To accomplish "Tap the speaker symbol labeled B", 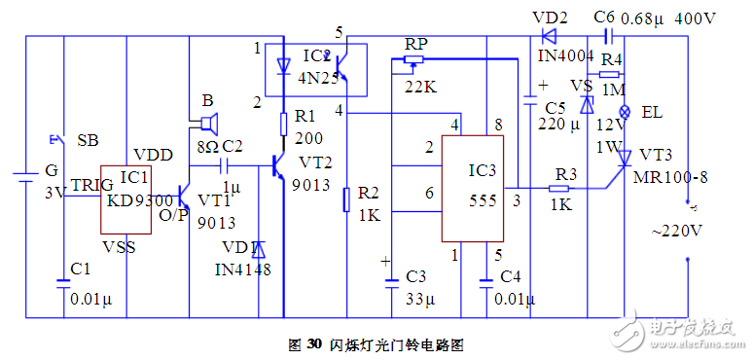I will [204, 124].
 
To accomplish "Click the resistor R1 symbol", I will [283, 123].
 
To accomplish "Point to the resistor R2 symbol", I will [346, 199].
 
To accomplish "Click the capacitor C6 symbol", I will [607, 37].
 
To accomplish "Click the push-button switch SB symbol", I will [60, 141].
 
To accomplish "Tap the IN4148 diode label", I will [242, 269].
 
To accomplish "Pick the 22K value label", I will [420, 88].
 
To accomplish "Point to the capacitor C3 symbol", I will [392, 281].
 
